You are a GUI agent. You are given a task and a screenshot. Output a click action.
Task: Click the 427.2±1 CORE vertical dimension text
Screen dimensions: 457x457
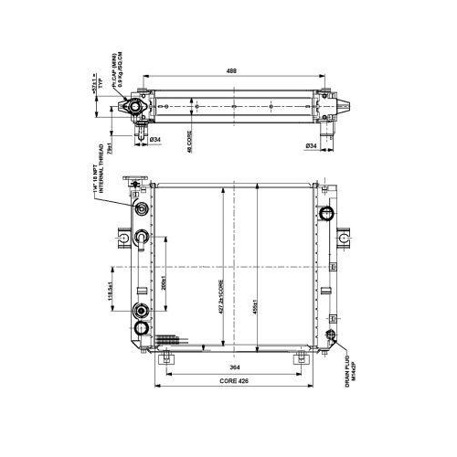222,293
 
